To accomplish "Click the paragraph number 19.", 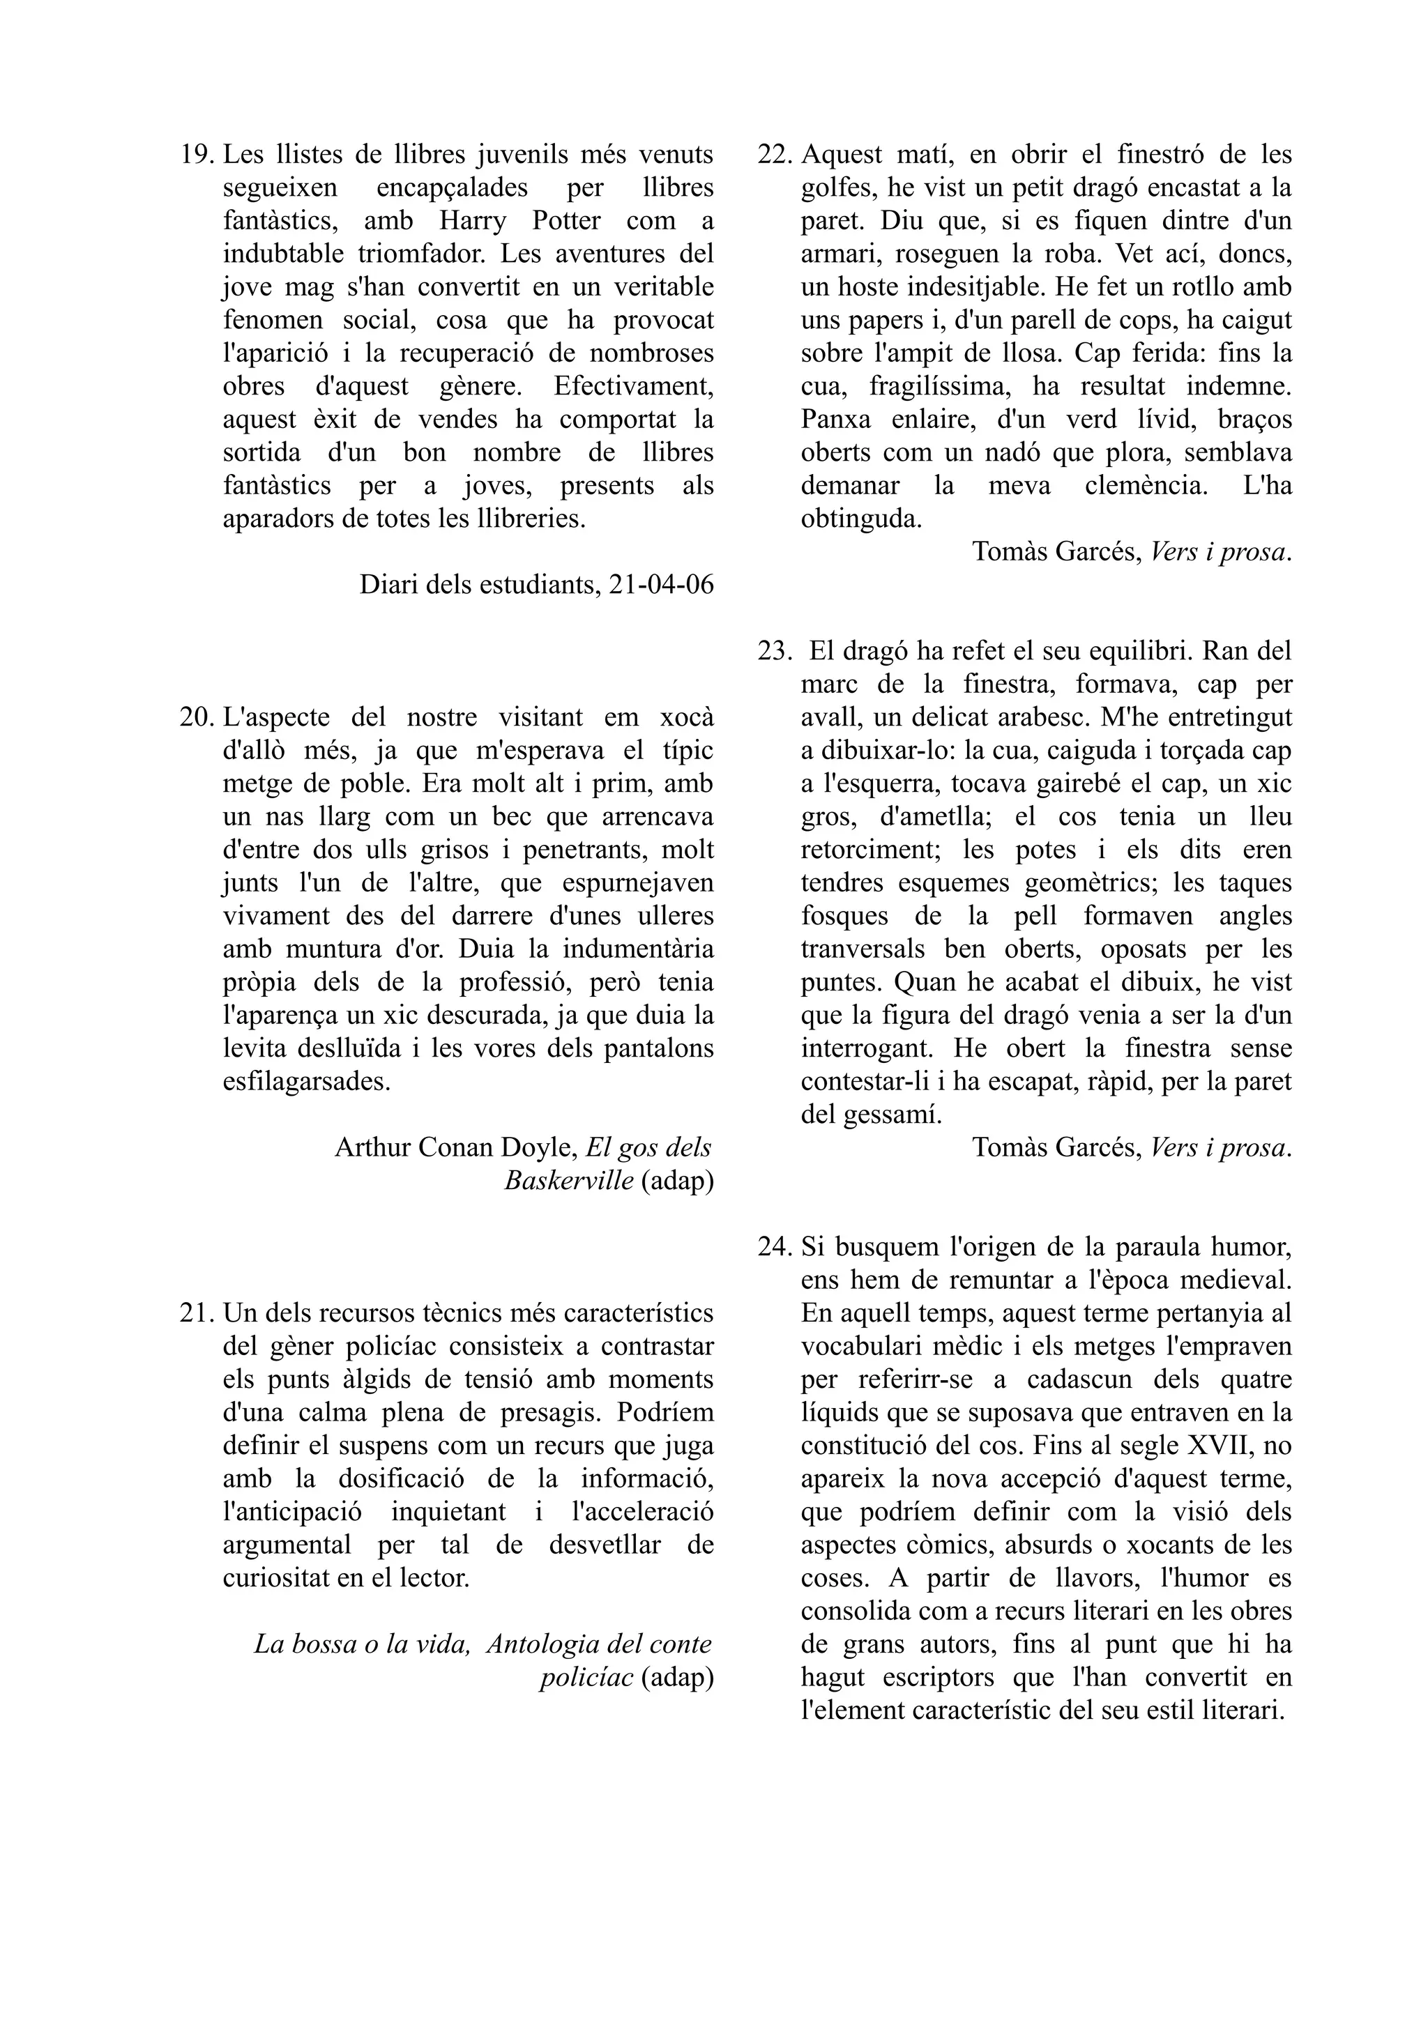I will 197,155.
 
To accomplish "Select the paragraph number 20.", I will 197,717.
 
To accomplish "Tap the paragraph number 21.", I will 197,1313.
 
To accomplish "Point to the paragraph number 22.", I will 775,155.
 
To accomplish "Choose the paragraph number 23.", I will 775,651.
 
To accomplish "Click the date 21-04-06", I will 661,585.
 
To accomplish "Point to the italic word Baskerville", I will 568,1181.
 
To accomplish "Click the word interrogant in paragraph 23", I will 866,1049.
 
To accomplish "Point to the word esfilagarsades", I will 306,1081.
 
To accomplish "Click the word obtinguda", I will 860,519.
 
